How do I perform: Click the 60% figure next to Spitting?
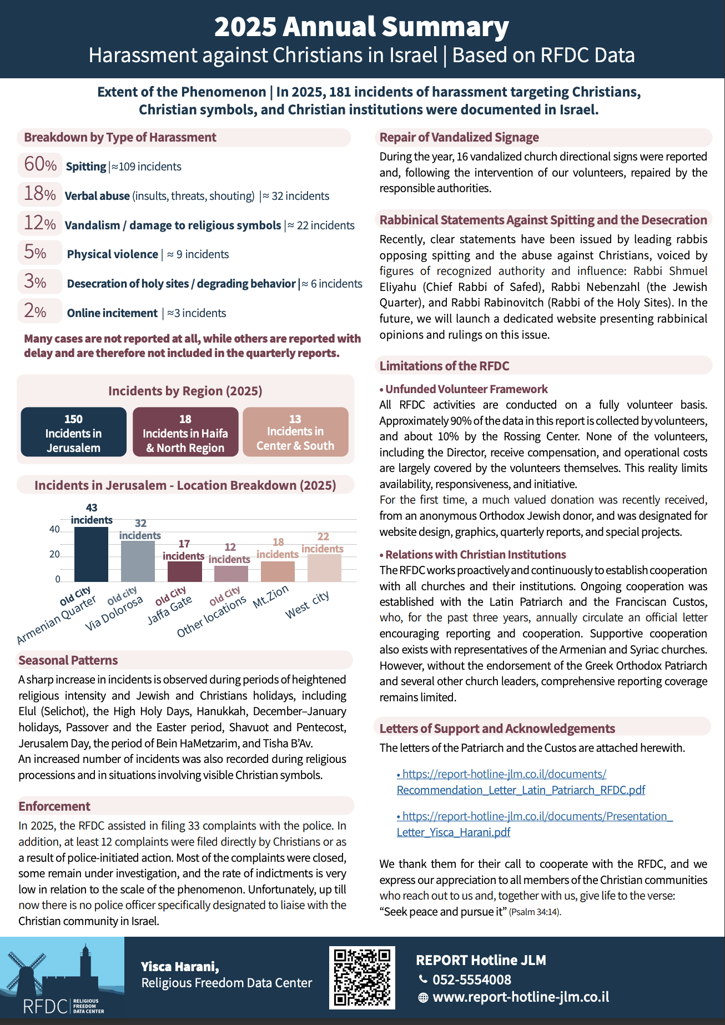pyautogui.click(x=40, y=164)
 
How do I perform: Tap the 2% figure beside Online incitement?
pyautogui.click(x=35, y=311)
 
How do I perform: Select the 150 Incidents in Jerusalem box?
pyautogui.click(x=73, y=433)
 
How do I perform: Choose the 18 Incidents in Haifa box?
pyautogui.click(x=185, y=433)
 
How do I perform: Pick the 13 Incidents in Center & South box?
pyautogui.click(x=295, y=432)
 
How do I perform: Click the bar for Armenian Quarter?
pyautogui.click(x=91, y=554)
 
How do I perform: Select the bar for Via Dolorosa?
pyautogui.click(x=138, y=561)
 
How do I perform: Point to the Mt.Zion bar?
pyautogui.click(x=278, y=571)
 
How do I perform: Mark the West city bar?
pyautogui.click(x=324, y=567)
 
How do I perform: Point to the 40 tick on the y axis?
pyautogui.click(x=54, y=530)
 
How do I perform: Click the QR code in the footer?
pyautogui.click(x=362, y=978)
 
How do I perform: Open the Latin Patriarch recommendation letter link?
pyautogui.click(x=521, y=782)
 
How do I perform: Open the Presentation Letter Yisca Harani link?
pyautogui.click(x=534, y=824)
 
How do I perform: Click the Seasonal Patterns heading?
pyautogui.click(x=68, y=660)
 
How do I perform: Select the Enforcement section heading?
pyautogui.click(x=54, y=806)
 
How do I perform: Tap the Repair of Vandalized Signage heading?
pyautogui.click(x=459, y=137)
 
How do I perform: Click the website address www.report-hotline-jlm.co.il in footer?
pyautogui.click(x=521, y=997)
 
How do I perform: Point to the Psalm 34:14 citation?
pyautogui.click(x=535, y=912)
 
